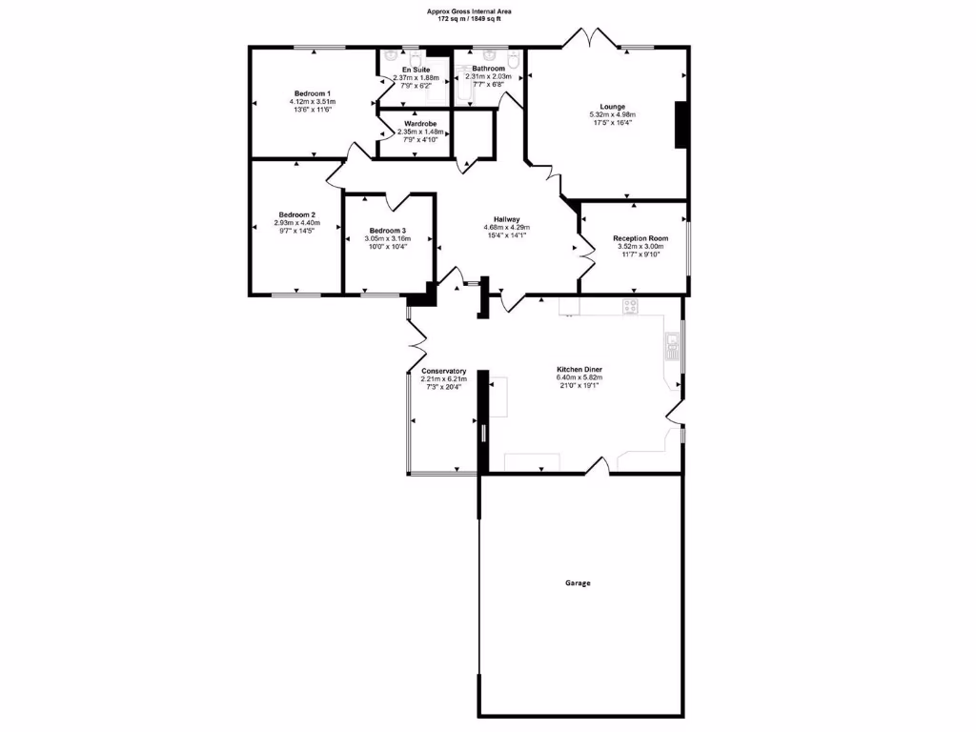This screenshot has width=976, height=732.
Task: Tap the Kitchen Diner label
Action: click(579, 369)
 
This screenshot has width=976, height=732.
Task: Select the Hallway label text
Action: click(506, 218)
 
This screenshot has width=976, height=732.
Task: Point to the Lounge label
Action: click(612, 106)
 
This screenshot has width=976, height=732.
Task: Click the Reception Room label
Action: click(640, 238)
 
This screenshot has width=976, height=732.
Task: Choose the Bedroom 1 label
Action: click(313, 92)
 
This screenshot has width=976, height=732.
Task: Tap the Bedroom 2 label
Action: click(297, 214)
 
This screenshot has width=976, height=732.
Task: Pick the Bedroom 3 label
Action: click(388, 231)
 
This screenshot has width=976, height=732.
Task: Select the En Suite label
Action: click(417, 70)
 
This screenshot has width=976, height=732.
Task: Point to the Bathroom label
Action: click(488, 69)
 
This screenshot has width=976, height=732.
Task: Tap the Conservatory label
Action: click(443, 371)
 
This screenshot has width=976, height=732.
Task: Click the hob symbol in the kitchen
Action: click(630, 306)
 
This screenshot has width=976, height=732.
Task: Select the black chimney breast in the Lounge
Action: click(681, 124)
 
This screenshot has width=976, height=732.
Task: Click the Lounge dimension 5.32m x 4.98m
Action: click(612, 114)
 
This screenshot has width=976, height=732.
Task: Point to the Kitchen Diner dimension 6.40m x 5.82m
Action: click(579, 377)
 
